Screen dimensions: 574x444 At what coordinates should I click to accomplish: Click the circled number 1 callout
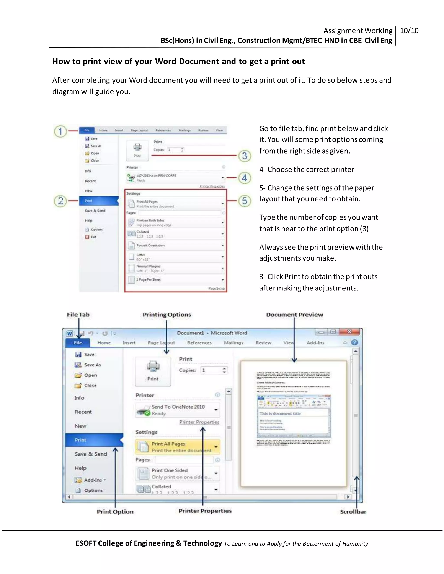60,131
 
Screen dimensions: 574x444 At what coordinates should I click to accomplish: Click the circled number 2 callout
60,201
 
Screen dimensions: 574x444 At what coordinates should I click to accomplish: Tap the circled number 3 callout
245,156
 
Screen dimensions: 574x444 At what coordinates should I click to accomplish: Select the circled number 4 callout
245,178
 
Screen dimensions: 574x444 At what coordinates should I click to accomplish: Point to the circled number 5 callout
245,201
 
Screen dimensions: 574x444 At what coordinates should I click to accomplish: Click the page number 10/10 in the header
409,31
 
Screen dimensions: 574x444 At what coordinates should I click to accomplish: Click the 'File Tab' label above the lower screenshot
78,315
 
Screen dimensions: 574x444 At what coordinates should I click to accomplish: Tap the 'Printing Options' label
167,315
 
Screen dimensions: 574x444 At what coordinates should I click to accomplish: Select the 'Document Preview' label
295,315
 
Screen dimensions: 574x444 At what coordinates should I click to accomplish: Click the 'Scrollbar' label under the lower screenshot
353,511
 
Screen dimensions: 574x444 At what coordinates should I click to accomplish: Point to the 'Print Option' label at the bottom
115,511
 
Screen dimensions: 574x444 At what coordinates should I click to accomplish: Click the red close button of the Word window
349,332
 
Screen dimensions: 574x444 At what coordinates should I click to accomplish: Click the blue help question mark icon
354,342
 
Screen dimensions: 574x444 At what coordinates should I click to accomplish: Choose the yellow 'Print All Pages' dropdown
178,447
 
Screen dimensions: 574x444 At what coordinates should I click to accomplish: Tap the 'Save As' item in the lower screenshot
92,365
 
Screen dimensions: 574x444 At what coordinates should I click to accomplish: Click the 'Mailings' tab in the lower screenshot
233,343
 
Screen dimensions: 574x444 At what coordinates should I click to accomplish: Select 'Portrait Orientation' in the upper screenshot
150,245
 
